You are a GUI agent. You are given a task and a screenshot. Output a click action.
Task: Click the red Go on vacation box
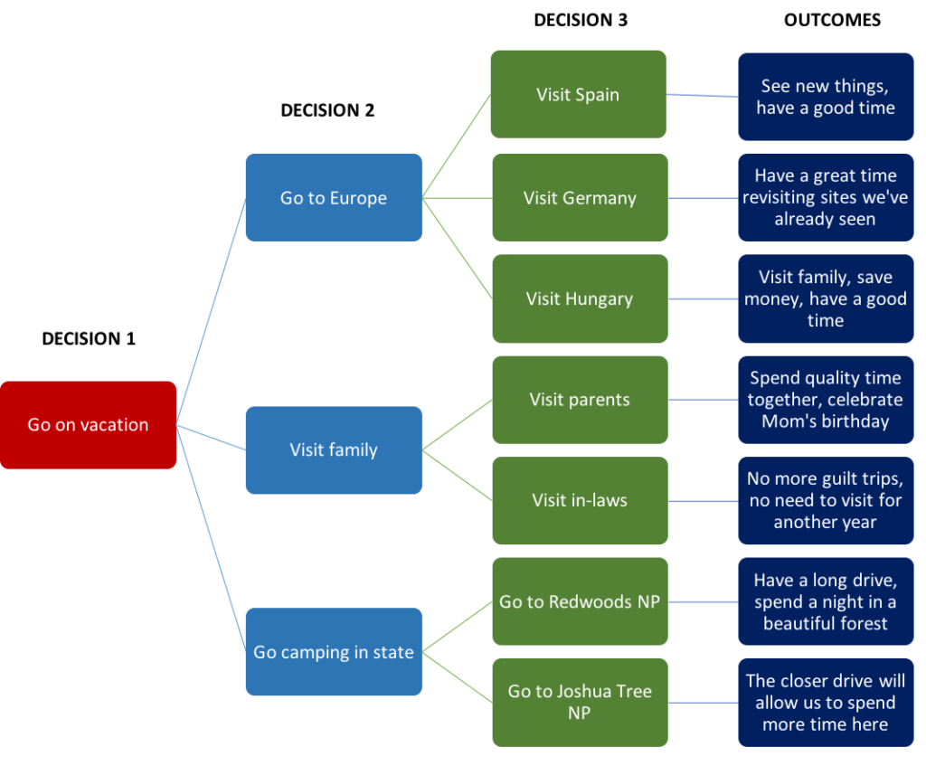pyautogui.click(x=88, y=425)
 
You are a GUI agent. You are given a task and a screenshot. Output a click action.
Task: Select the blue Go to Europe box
pyautogui.click(x=333, y=197)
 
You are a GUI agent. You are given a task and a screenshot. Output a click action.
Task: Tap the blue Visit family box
pyautogui.click(x=333, y=449)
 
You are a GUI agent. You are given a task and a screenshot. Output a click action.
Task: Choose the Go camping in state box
pyautogui.click(x=333, y=652)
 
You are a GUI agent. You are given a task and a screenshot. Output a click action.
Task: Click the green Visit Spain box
pyautogui.click(x=578, y=94)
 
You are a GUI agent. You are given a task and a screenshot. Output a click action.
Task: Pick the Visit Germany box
pyautogui.click(x=580, y=197)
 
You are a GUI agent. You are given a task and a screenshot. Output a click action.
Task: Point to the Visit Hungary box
pyautogui.click(x=580, y=298)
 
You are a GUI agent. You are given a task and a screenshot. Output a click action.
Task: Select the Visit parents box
pyautogui.click(x=580, y=400)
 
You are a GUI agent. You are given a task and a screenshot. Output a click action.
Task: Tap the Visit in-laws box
pyautogui.click(x=580, y=500)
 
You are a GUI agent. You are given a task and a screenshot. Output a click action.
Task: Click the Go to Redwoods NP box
pyautogui.click(x=580, y=601)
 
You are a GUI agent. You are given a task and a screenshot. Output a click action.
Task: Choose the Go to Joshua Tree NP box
pyautogui.click(x=580, y=702)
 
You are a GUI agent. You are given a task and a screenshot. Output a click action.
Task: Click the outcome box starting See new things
pyautogui.click(x=826, y=97)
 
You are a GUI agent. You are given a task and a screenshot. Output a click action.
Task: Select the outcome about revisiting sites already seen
pyautogui.click(x=826, y=197)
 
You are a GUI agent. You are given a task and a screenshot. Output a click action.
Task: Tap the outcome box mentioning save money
pyautogui.click(x=826, y=298)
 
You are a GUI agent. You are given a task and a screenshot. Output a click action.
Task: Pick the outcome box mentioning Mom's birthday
pyautogui.click(x=826, y=400)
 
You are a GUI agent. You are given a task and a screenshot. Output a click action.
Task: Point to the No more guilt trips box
pyautogui.click(x=826, y=500)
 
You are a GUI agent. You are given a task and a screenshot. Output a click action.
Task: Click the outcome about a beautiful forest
pyautogui.click(x=826, y=601)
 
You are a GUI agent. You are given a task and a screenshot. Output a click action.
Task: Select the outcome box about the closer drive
pyautogui.click(x=826, y=702)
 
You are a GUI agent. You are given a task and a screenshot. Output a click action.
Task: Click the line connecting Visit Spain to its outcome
pyautogui.click(x=702, y=95)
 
